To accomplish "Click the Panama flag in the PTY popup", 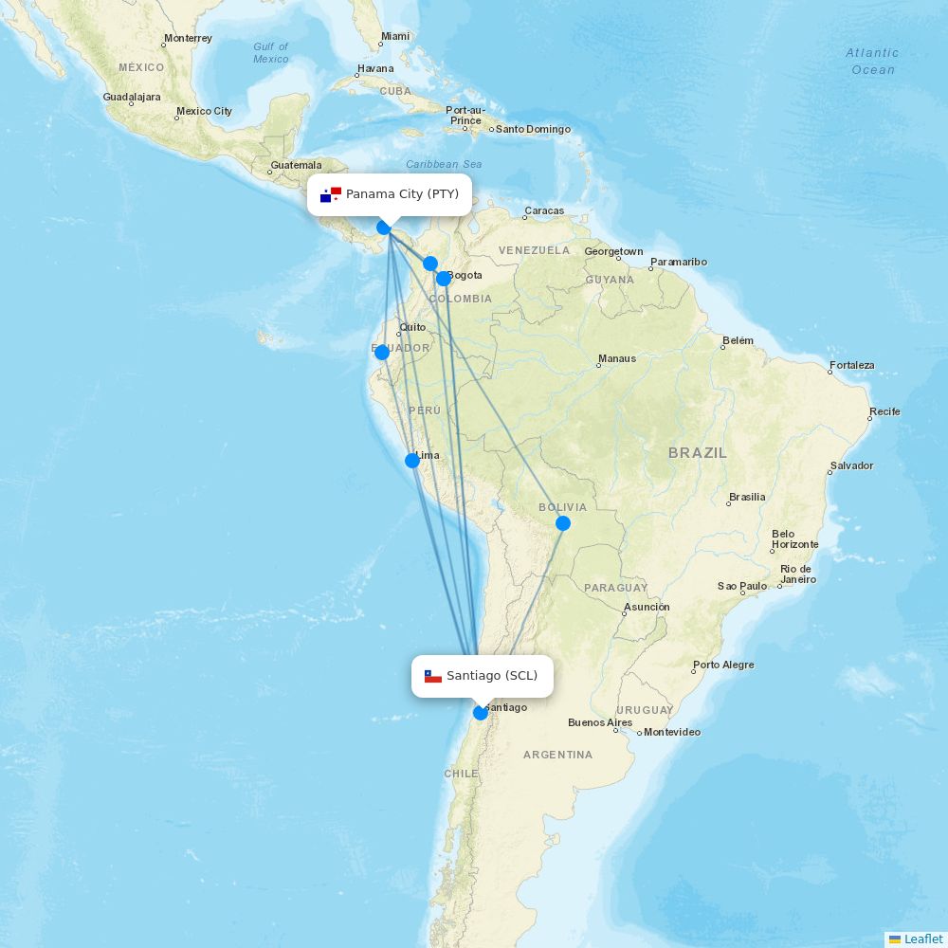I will click(x=331, y=194).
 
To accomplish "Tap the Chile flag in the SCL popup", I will click(x=433, y=676).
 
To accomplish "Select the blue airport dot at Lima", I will click(x=412, y=461).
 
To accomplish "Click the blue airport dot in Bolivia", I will click(x=563, y=523).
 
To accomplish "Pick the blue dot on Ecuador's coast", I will click(x=382, y=353).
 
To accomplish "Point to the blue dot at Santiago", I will click(x=481, y=713).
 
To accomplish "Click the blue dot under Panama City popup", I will click(x=384, y=228).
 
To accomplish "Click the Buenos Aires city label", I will click(x=599, y=722).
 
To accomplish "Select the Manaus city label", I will click(x=617, y=359).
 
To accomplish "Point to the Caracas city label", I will click(x=544, y=210).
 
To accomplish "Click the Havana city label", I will click(x=375, y=69).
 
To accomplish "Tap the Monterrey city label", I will click(x=188, y=39).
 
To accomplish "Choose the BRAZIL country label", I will click(x=698, y=453).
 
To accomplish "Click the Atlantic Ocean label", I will click(x=872, y=62).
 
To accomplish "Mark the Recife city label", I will click(x=885, y=411).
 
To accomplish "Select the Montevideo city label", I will click(x=672, y=732).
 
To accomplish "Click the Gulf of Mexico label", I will click(x=270, y=53).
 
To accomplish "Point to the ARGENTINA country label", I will click(x=557, y=755).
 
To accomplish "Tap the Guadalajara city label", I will click(x=132, y=97).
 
